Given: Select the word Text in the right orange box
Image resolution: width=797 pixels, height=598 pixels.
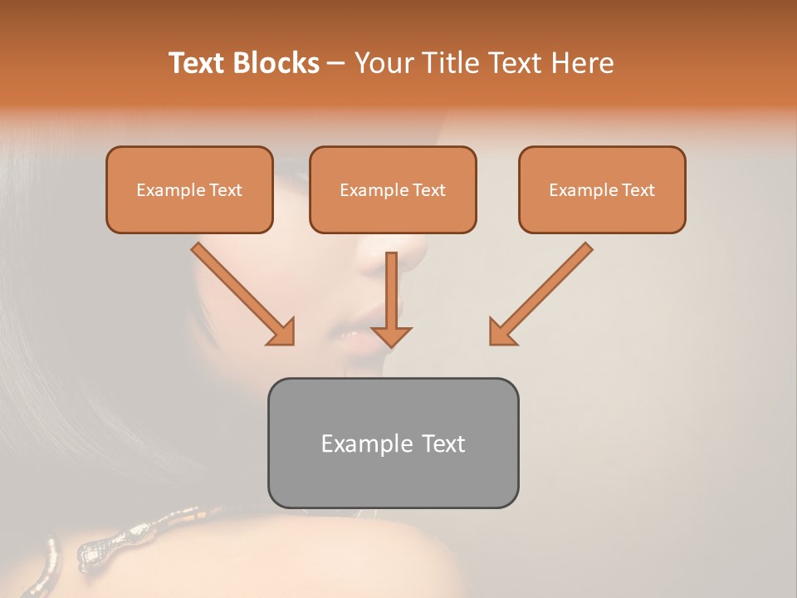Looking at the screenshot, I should tap(638, 190).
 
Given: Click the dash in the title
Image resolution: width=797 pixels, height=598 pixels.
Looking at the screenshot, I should tap(336, 64).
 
